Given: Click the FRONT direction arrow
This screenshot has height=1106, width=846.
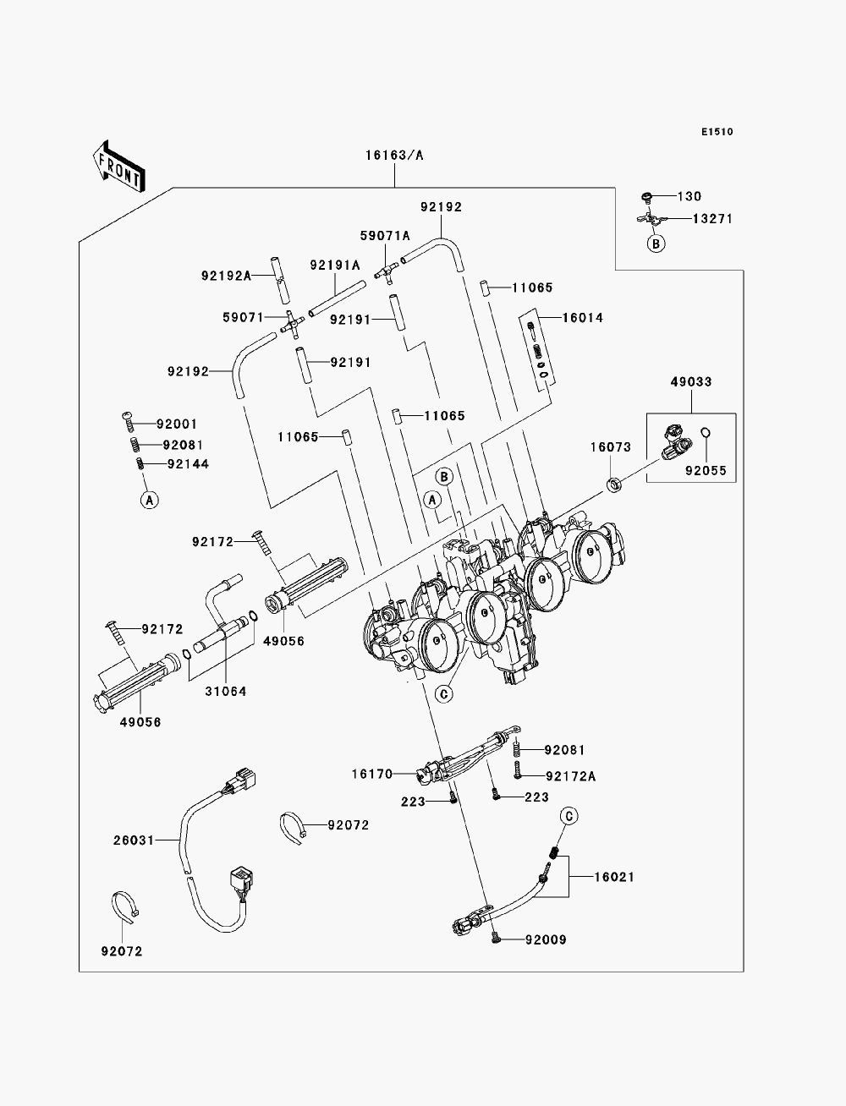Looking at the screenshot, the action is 119,166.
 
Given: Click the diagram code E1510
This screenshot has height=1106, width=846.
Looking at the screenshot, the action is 717,132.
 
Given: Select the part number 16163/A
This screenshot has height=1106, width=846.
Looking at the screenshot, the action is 394,156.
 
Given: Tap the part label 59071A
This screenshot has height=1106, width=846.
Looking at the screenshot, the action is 385,236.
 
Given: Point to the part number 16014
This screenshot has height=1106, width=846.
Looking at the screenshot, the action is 582,318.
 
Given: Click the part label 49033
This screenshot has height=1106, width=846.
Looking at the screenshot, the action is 690,382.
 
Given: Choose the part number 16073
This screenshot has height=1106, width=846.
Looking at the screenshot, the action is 611,447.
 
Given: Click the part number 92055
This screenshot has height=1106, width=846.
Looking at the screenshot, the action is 706,471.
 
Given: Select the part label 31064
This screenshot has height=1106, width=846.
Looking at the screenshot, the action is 225,692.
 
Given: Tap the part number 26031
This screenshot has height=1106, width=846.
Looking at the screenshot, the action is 133,840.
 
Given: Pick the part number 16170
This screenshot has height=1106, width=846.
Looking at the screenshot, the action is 371,774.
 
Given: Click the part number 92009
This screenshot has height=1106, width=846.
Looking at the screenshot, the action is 546,939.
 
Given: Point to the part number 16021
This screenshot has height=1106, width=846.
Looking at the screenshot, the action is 614,877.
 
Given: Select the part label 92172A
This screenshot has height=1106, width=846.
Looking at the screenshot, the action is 570,776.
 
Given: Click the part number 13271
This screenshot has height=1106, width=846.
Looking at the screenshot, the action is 711,219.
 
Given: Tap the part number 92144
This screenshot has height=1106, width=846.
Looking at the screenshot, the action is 188,464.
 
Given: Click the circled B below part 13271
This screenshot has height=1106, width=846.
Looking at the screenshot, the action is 656,244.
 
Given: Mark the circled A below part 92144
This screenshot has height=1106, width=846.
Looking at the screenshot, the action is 149,501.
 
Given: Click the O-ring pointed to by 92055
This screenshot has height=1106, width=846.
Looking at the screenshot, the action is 706,432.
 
